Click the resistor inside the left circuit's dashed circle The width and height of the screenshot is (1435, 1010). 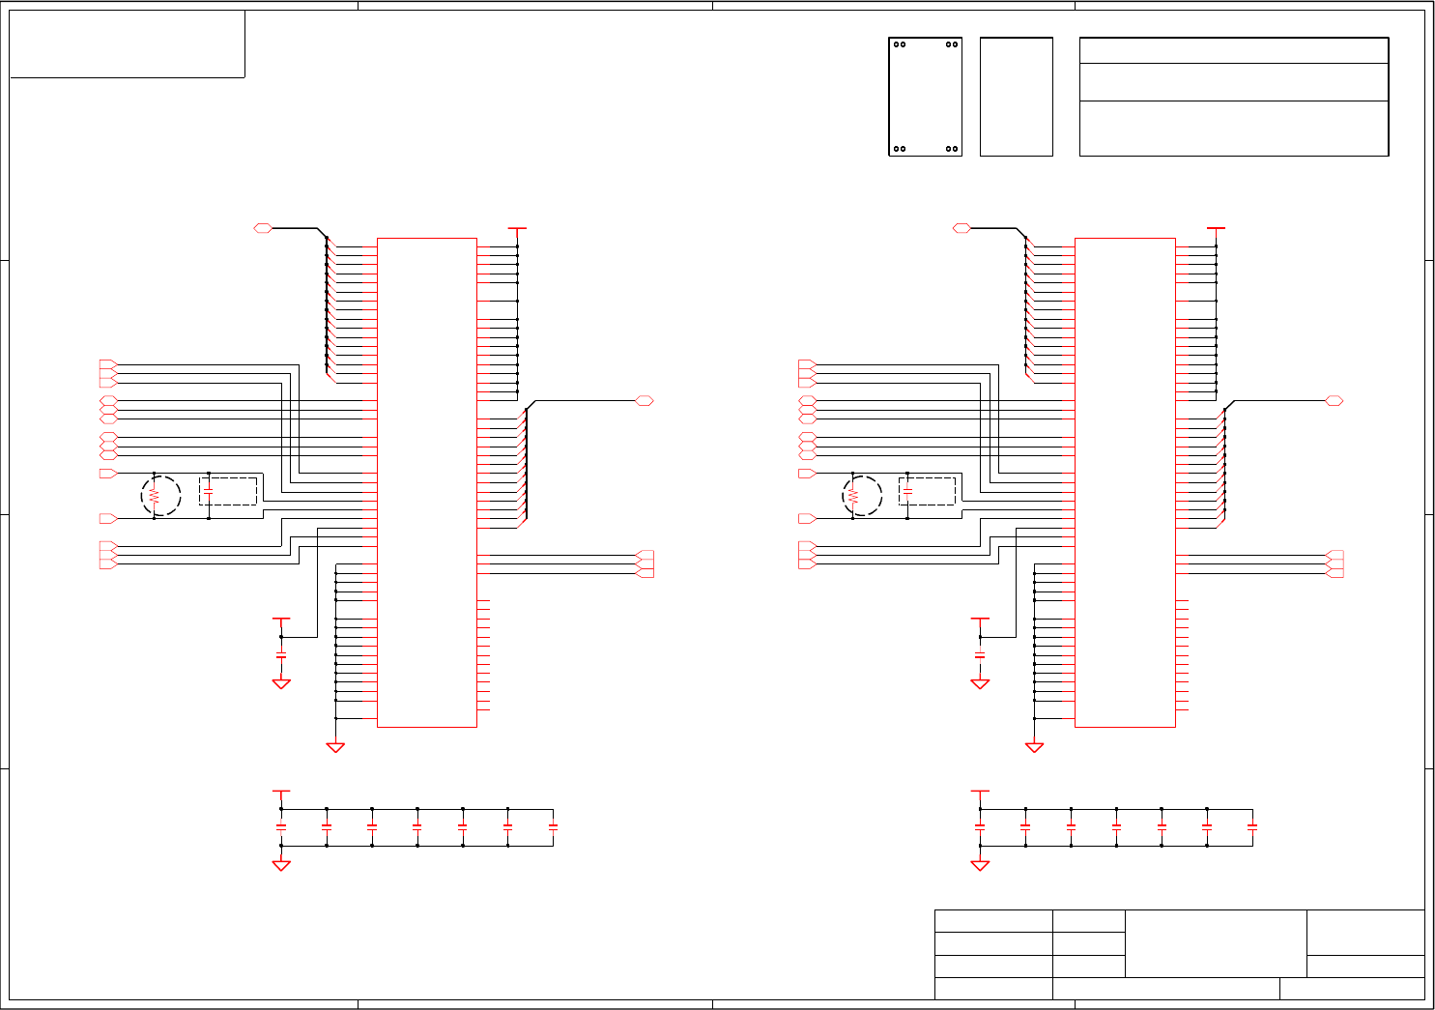154,496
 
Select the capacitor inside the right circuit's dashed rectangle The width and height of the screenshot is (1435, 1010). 907,492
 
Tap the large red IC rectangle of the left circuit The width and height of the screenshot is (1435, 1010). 426,481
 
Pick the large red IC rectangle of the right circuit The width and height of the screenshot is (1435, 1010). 1125,481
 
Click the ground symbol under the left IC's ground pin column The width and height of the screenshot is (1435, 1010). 335,747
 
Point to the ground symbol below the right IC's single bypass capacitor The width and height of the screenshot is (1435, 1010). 980,683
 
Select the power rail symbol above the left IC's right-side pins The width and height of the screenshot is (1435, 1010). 517,230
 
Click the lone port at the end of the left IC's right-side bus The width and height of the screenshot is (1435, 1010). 645,400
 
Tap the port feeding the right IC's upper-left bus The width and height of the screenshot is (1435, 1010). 961,228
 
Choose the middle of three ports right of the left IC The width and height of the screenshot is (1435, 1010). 646,564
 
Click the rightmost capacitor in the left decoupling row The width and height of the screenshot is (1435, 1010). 553,827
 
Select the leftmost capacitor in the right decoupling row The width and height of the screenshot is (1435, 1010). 980,827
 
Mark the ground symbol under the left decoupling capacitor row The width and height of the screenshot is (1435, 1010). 281,865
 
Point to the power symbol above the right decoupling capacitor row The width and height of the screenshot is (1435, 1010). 980,792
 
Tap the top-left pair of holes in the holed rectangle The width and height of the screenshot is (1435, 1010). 900,44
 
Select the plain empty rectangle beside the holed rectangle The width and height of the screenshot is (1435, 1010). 1016,97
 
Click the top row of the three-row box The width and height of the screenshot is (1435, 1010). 1233,51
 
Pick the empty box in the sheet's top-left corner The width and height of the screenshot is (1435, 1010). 127,43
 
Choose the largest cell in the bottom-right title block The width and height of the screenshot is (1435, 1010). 1216,942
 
